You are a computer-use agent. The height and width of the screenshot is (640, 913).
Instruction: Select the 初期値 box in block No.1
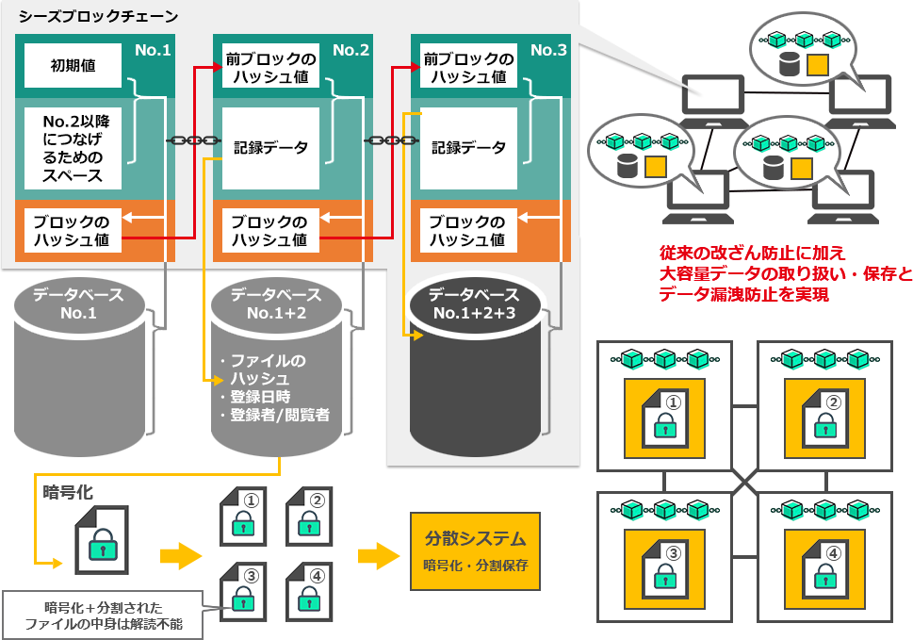(73, 66)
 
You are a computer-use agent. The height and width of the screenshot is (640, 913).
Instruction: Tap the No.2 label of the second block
(351, 50)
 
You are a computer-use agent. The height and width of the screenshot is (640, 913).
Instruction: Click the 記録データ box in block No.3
(468, 148)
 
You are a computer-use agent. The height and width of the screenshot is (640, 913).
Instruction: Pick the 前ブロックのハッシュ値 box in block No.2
(270, 68)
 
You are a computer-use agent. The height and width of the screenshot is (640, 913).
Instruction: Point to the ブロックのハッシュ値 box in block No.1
(73, 231)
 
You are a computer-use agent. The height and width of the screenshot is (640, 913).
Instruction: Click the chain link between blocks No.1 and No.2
(192, 140)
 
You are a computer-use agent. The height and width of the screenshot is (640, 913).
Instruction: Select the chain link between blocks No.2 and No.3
(390, 140)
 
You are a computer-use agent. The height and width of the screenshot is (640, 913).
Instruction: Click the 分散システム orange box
(475, 550)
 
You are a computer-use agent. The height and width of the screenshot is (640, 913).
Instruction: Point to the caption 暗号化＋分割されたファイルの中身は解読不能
(104, 615)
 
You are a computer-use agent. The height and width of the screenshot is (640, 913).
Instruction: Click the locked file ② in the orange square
(824, 418)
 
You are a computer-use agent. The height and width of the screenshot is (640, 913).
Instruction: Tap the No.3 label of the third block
(548, 50)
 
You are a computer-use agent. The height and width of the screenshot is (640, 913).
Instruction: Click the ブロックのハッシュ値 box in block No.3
(468, 231)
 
